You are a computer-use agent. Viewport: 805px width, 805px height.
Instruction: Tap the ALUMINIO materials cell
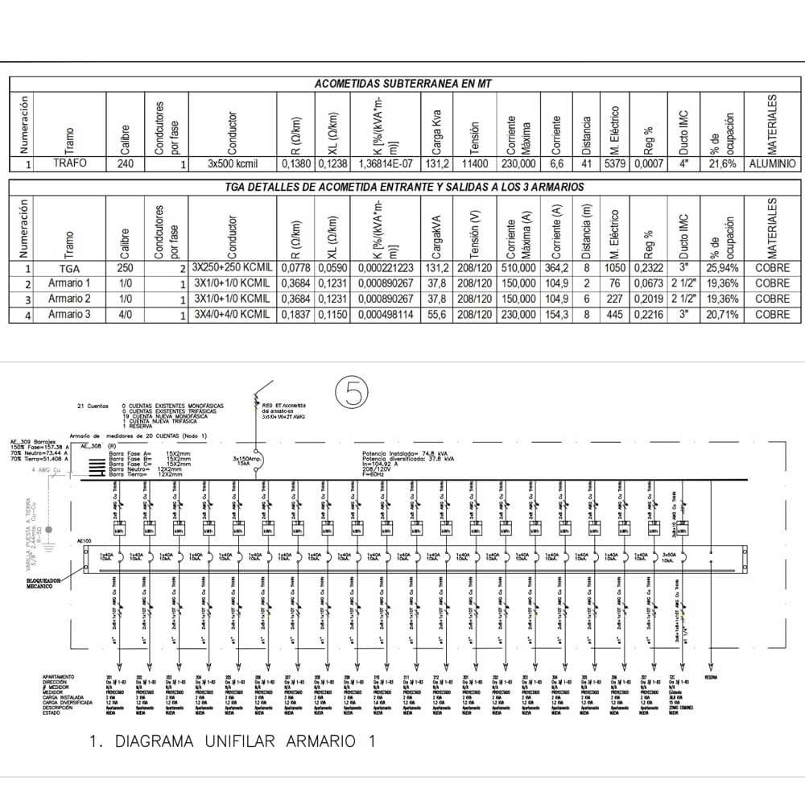tap(771, 163)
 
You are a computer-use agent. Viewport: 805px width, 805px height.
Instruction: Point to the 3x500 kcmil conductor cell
tap(231, 163)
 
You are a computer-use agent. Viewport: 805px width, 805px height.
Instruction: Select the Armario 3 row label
tap(70, 315)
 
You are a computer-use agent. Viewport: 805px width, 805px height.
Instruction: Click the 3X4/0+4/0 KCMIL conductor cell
tap(231, 315)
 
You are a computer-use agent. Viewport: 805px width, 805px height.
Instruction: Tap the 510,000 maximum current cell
tap(518, 268)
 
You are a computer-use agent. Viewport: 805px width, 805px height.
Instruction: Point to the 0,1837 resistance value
tap(293, 315)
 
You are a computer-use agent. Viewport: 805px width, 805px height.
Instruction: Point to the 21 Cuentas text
tap(91, 406)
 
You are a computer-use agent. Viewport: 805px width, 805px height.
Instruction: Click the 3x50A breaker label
tap(670, 555)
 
